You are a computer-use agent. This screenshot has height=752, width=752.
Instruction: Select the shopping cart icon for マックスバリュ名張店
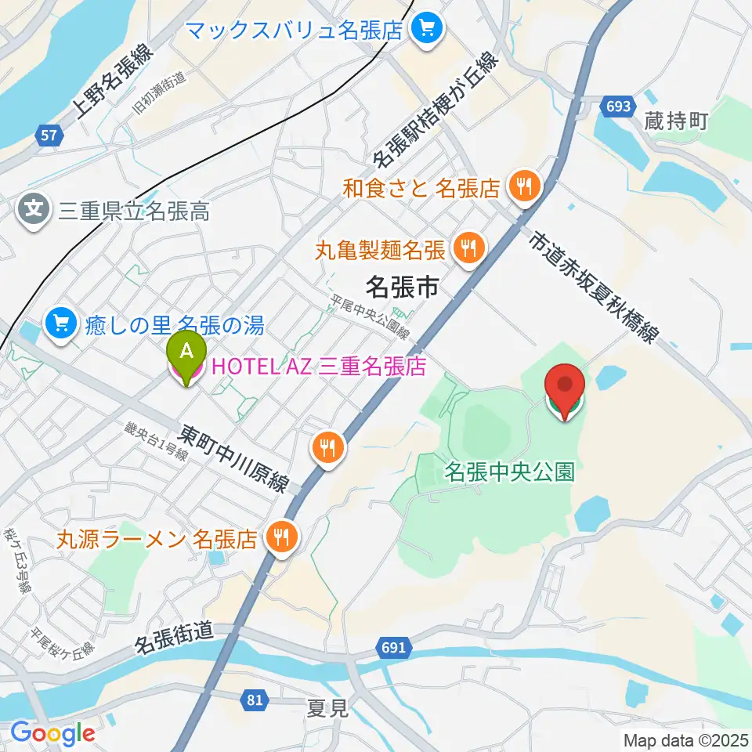point(428,31)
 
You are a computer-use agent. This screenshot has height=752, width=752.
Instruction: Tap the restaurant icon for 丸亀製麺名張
point(469,250)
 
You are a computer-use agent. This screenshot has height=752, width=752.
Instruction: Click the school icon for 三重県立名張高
point(34,210)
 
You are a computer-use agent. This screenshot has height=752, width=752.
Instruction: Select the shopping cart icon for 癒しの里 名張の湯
point(61,323)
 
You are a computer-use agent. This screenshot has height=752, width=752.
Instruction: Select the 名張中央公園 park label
point(510,472)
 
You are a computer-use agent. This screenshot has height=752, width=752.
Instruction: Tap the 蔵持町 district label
point(676,121)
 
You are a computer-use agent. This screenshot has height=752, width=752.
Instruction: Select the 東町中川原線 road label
point(234,459)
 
